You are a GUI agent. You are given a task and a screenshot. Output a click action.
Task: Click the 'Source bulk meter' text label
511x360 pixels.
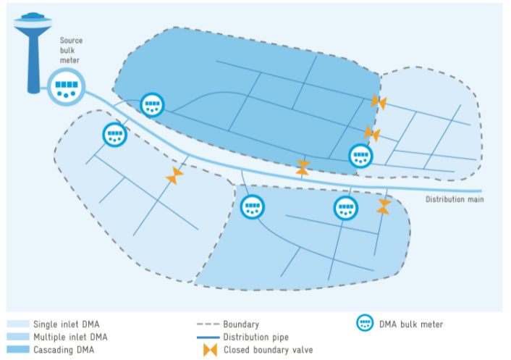(x=71, y=51)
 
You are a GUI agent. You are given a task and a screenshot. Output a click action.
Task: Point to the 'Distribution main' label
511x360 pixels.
(x=454, y=199)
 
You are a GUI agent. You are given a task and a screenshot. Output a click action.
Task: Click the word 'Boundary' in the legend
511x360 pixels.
(x=240, y=325)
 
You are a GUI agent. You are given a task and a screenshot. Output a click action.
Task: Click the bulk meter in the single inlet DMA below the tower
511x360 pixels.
(x=114, y=135)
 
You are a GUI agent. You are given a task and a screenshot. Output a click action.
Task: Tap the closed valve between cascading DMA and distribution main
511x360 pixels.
(x=304, y=168)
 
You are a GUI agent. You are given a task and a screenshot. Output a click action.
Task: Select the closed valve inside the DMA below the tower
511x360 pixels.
(x=174, y=175)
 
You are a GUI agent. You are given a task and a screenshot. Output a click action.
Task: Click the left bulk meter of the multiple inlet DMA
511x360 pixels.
(x=253, y=207)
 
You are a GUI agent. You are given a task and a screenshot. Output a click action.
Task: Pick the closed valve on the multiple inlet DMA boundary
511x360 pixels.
(x=384, y=206)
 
